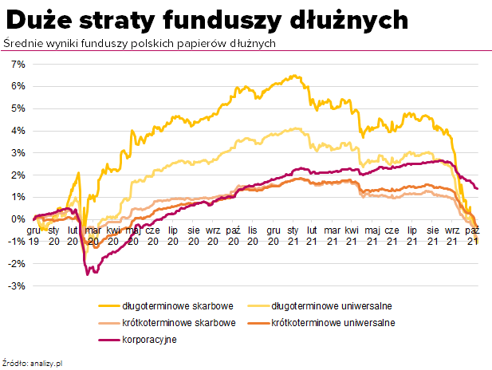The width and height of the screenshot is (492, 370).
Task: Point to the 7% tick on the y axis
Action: [x=18, y=64]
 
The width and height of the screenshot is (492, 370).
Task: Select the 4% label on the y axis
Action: [x=18, y=130]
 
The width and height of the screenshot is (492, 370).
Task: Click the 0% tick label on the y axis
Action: [x=18, y=219]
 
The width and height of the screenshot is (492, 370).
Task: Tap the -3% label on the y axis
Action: [x=16, y=285]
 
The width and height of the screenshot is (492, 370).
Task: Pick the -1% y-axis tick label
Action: [x=16, y=242]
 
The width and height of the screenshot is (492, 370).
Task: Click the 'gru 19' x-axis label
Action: [x=33, y=235]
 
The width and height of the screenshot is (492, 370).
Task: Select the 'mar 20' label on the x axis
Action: [x=92, y=235]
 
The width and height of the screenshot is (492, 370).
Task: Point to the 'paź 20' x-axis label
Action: [x=233, y=235]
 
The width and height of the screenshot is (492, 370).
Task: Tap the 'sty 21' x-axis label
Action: [x=293, y=235]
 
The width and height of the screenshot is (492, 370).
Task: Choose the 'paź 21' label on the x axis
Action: [x=473, y=235]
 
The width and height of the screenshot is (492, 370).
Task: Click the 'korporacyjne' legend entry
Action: [x=149, y=340]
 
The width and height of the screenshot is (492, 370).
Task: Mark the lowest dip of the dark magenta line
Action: [x=88, y=274]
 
